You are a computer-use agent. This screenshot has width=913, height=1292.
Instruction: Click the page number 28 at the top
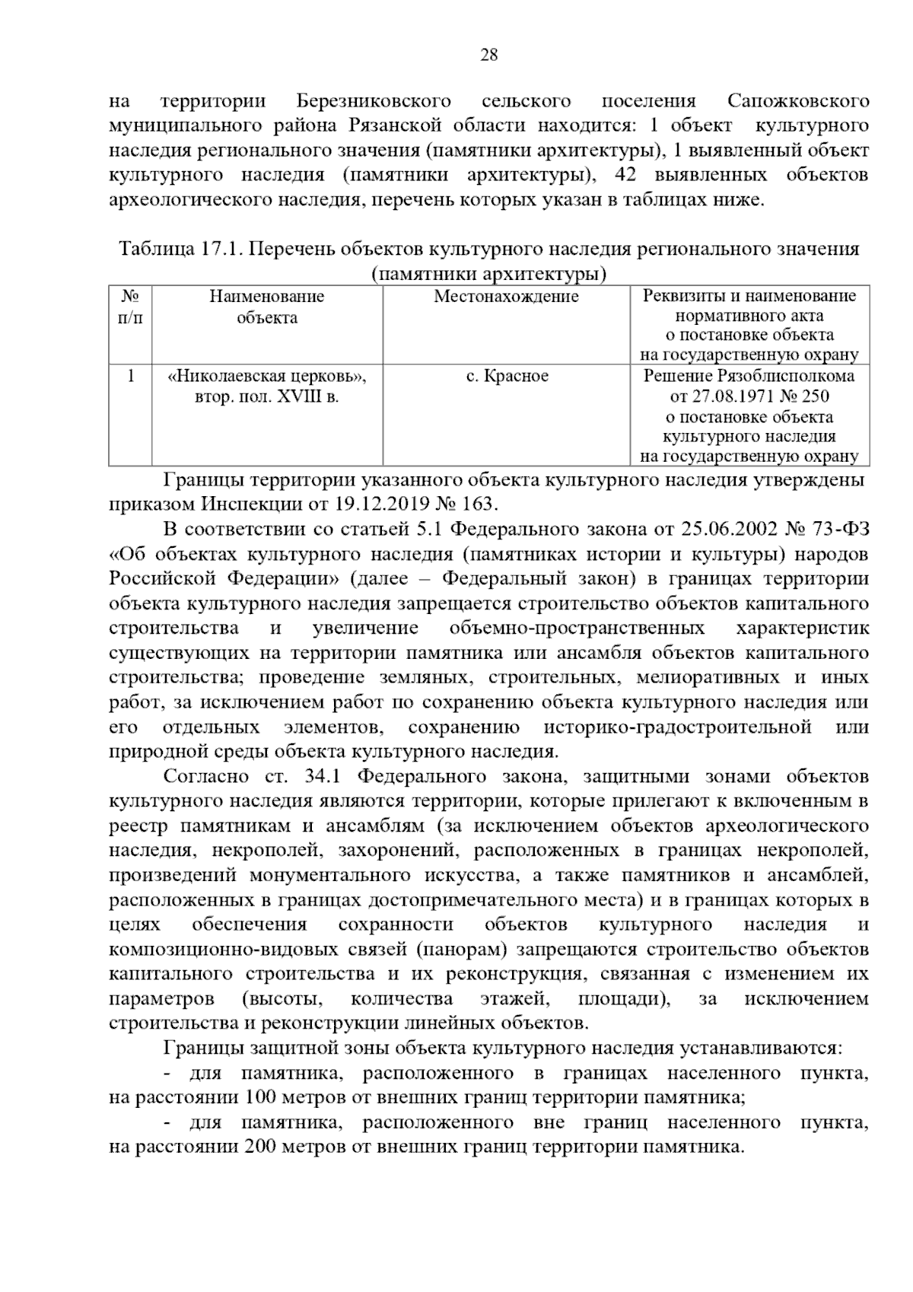coord(489,55)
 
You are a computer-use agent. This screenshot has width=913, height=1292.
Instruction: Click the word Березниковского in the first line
coord(374,101)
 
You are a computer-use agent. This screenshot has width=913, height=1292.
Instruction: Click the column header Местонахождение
coord(506,297)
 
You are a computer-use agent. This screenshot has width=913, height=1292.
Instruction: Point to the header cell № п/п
coord(131,307)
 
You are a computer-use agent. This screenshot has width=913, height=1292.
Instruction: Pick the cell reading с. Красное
coord(506,377)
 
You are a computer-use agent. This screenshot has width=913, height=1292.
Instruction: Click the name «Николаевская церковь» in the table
coord(267,377)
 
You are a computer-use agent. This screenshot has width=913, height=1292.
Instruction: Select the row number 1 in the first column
coord(131,377)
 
